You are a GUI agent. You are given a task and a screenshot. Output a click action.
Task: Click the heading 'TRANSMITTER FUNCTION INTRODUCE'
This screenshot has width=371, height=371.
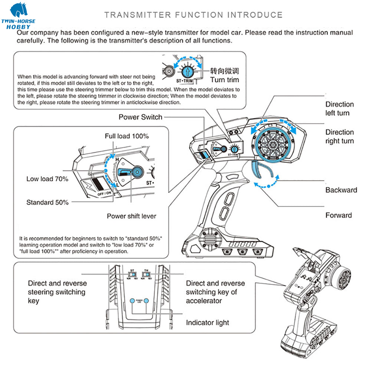pyautogui.click(x=193, y=15)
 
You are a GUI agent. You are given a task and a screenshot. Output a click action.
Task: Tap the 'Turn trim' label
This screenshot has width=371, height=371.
pyautogui.click(x=224, y=80)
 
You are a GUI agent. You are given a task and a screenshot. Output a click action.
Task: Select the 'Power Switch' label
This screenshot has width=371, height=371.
pyautogui.click(x=140, y=117)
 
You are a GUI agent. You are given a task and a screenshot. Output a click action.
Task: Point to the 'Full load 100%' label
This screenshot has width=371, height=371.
pyautogui.click(x=127, y=136)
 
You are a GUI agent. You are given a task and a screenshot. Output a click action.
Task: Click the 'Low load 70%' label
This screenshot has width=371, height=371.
pyautogui.click(x=47, y=179)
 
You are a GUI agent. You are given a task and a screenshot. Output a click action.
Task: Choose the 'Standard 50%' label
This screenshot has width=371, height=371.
pyautogui.click(x=47, y=203)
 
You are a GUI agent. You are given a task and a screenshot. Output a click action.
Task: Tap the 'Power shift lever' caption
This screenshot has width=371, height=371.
pyautogui.click(x=131, y=216)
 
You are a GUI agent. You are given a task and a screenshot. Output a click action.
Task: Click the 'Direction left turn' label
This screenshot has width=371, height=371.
pyautogui.click(x=339, y=109)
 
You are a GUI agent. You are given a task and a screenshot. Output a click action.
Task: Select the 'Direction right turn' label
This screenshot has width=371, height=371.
pyautogui.click(x=339, y=137)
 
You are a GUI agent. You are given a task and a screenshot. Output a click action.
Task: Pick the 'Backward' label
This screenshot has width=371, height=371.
pyautogui.click(x=341, y=190)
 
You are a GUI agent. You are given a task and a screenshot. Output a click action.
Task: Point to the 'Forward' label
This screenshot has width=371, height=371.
pyautogui.click(x=338, y=215)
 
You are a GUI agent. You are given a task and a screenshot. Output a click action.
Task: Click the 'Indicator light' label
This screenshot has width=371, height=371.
pyautogui.click(x=207, y=323)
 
